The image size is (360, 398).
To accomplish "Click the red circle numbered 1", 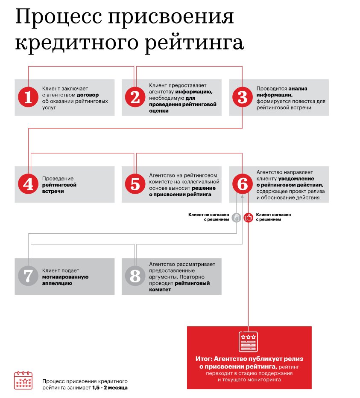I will (28, 98).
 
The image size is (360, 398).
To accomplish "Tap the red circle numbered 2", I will (135, 98).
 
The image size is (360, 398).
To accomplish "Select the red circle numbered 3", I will (243, 98).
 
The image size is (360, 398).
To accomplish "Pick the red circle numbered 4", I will (28, 184).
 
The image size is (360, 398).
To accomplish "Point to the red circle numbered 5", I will (135, 184).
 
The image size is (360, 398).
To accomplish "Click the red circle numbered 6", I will (243, 184).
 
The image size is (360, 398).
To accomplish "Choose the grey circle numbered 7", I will (28, 276).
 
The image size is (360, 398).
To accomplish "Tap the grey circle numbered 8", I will (135, 276).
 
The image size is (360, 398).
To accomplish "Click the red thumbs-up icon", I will (248, 218).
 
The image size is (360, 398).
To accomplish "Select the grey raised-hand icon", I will (237, 218).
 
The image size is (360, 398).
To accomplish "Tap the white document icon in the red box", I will (248, 342).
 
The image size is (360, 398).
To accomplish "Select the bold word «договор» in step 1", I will (88, 95).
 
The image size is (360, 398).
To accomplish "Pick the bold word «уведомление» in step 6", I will (296, 178).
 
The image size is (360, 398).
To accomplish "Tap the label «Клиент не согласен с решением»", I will (209, 217).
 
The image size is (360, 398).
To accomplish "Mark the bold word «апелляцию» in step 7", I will (57, 283).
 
